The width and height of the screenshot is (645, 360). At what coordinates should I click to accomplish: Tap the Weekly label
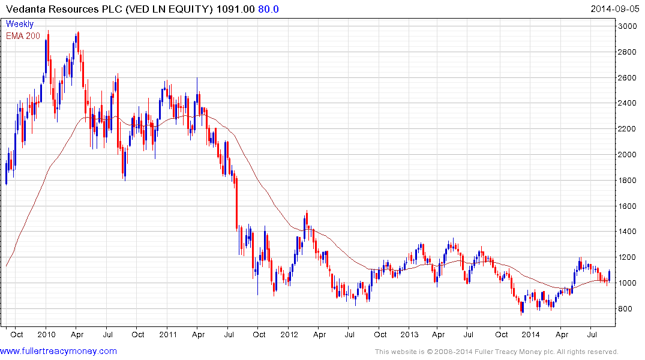point(20,24)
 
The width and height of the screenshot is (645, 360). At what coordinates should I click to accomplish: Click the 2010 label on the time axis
point(46,334)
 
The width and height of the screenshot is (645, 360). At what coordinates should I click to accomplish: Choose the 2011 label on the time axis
point(167,334)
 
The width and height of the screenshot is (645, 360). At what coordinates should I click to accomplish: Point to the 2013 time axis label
point(409,334)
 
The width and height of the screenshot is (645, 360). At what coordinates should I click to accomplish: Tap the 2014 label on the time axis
point(530,334)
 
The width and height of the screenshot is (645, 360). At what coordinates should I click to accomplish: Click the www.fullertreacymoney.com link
point(59,351)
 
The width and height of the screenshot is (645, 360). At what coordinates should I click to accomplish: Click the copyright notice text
point(496,352)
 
